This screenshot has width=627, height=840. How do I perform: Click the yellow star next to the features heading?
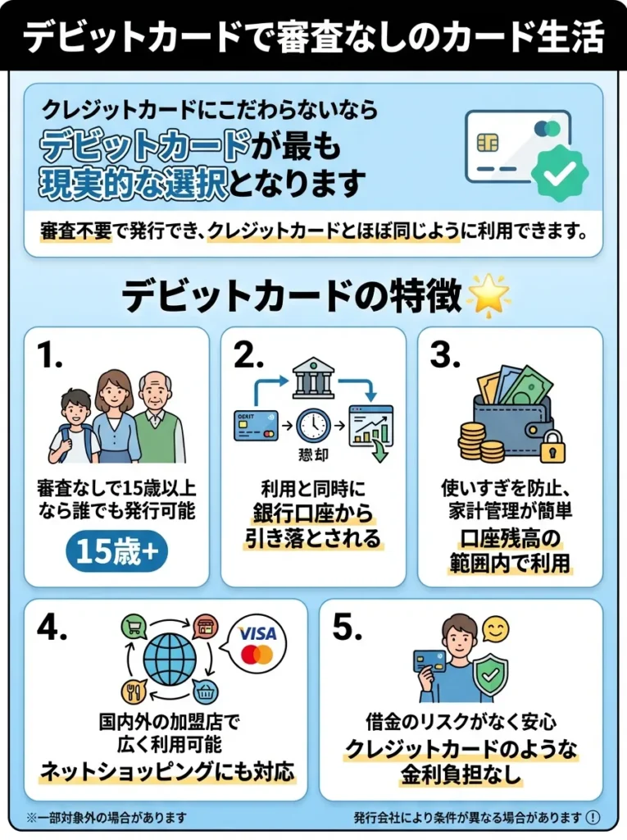point(488,294)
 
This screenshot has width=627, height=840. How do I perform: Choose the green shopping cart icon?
point(133,627)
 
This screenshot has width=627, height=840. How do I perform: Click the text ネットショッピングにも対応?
point(168,772)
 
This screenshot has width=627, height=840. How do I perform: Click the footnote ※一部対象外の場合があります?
point(107,817)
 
